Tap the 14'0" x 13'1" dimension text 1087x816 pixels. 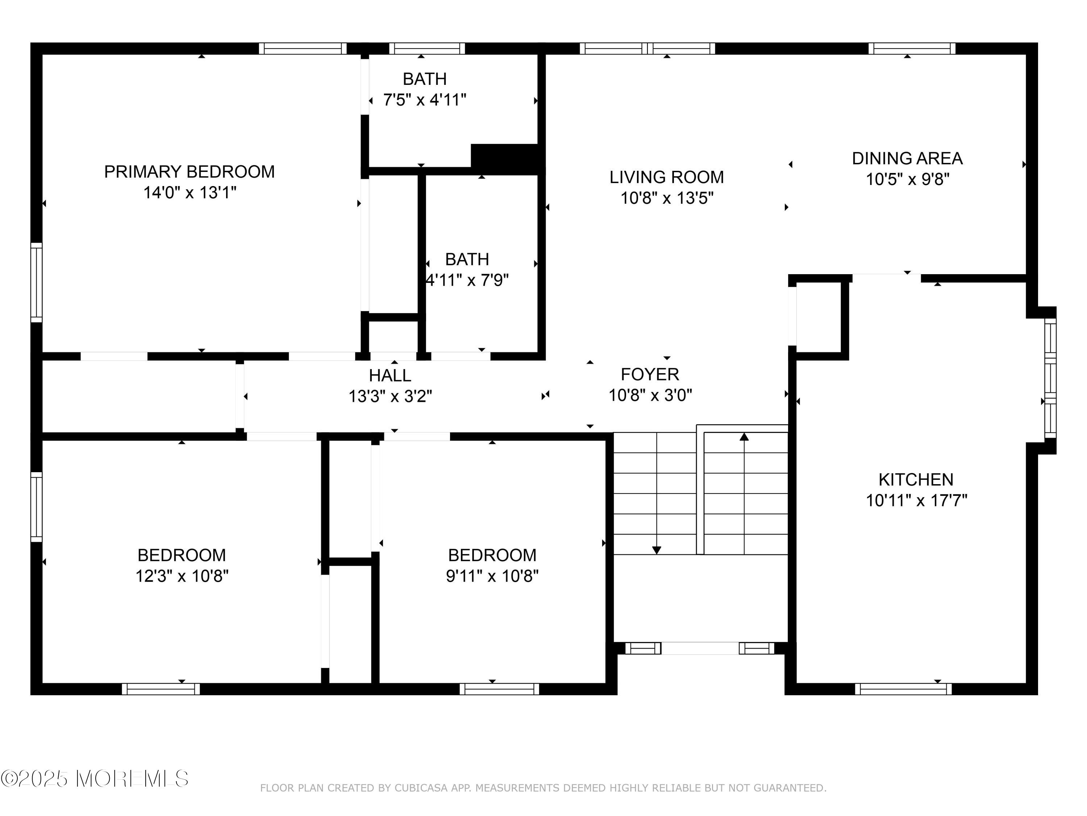click(x=190, y=192)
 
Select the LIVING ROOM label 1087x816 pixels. click(x=666, y=177)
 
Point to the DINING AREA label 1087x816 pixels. click(x=907, y=158)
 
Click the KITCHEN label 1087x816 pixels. click(x=916, y=479)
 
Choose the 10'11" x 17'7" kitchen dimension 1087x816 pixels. click(x=916, y=500)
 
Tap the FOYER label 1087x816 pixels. click(x=650, y=374)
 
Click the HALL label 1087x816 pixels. click(x=390, y=375)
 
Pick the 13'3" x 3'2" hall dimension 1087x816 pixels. click(x=390, y=396)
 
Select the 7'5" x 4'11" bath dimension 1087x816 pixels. click(x=425, y=100)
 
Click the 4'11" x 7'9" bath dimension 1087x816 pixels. click(x=467, y=280)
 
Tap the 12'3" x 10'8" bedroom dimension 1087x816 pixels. click(x=182, y=576)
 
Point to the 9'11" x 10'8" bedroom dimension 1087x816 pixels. click(x=492, y=576)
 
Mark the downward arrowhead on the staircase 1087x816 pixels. click(x=657, y=551)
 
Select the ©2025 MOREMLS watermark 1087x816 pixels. click(x=94, y=779)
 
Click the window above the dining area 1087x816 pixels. click(x=912, y=48)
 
